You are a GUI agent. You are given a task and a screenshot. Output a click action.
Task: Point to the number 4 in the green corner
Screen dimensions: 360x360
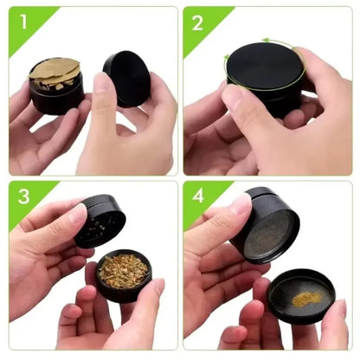pos(198,198)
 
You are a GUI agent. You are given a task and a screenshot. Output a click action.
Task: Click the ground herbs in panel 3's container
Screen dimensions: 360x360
pos(122,270)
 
